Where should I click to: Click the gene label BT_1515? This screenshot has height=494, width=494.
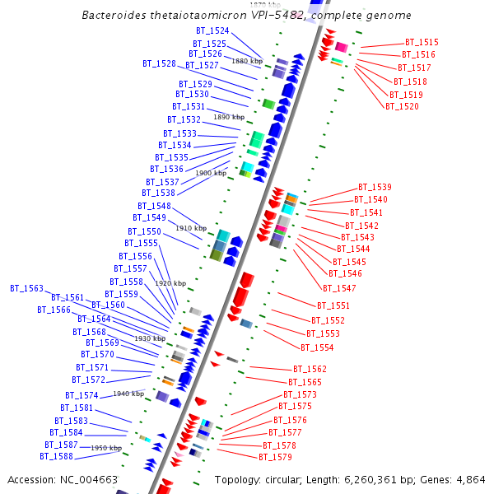(422, 42)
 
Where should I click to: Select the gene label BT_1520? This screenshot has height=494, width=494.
(402, 106)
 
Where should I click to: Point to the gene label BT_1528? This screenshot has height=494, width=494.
(159, 63)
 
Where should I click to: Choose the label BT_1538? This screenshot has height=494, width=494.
(158, 193)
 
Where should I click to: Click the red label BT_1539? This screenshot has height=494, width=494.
(375, 187)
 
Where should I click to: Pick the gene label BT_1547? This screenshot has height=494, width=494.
(339, 288)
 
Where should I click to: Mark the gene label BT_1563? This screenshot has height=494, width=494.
(26, 288)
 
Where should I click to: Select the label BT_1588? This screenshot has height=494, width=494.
(56, 456)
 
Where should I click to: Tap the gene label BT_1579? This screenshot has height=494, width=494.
(275, 457)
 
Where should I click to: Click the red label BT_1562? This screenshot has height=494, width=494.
(310, 370)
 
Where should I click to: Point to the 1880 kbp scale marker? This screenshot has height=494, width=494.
(247, 61)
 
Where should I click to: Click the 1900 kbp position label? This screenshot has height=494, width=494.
(211, 173)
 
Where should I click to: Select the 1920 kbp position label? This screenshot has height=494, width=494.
(170, 283)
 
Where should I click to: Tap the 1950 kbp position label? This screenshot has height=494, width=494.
(106, 448)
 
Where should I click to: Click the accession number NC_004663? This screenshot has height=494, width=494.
(90, 479)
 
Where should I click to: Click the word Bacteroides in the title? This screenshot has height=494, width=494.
(116, 16)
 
